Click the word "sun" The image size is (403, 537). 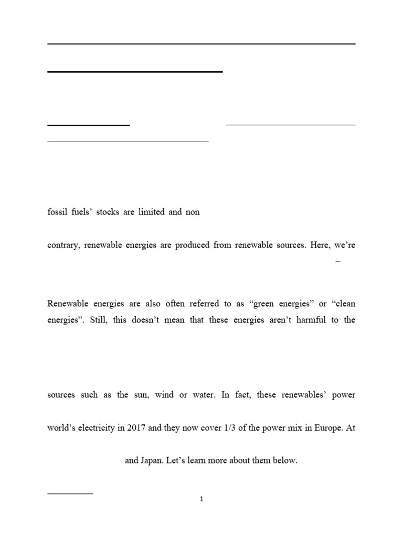141,395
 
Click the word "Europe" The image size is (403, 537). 325,427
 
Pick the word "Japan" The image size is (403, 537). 151,461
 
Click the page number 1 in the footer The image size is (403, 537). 201,499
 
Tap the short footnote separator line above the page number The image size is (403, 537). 70,493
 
